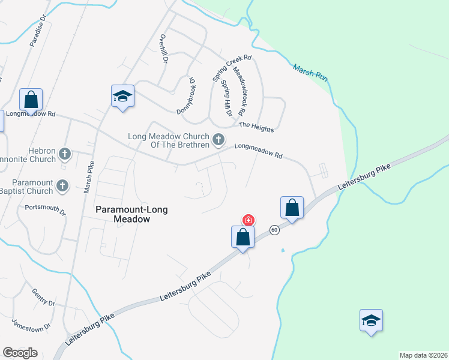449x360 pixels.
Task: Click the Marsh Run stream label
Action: [310, 73]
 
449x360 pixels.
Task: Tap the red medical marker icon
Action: [247, 220]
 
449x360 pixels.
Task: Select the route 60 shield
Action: [274, 230]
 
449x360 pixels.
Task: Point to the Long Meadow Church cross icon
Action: [218, 140]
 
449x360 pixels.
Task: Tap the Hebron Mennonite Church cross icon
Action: [65, 155]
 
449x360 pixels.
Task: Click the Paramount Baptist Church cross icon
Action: [62, 187]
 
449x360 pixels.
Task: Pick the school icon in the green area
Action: [371, 320]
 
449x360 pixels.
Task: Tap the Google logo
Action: [20, 352]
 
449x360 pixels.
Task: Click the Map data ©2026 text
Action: [423, 355]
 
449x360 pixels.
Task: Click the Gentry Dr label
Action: [44, 296]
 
